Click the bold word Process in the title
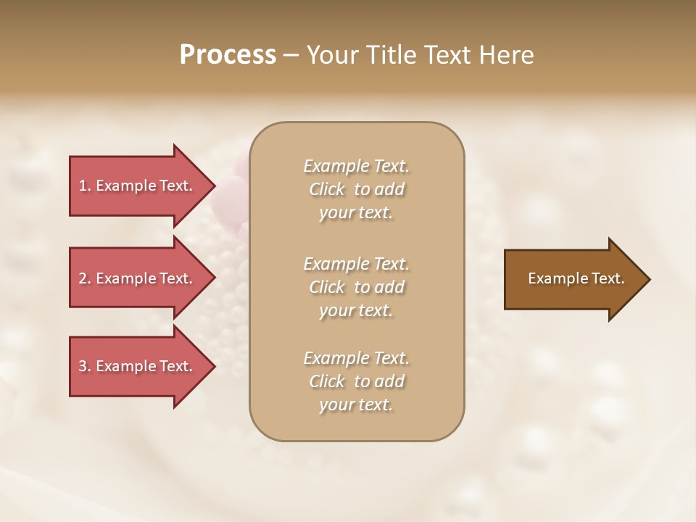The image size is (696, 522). click(x=228, y=55)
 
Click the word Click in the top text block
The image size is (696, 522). click(x=327, y=189)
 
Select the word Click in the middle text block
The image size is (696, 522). click(x=327, y=287)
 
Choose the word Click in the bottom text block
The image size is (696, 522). click(x=327, y=381)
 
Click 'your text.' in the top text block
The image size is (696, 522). click(x=356, y=213)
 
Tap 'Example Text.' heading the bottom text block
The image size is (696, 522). click(x=356, y=358)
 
